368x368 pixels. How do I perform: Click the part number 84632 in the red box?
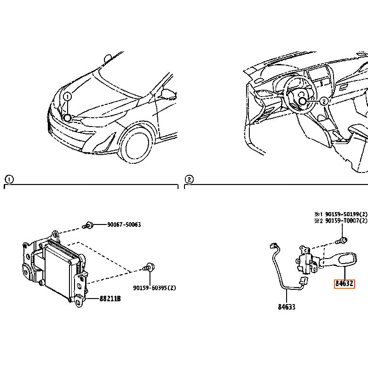[x=345, y=284]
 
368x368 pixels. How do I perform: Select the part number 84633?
[x=287, y=307]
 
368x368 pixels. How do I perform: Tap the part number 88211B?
[x=110, y=299]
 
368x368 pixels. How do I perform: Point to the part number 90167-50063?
[x=124, y=224]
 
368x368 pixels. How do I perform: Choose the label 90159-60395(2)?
[x=154, y=288]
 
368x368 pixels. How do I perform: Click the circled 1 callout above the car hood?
[x=67, y=97]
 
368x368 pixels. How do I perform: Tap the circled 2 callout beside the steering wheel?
[x=324, y=101]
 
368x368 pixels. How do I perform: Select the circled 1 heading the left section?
[x=9, y=180]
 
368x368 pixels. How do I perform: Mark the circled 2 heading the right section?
[x=189, y=179]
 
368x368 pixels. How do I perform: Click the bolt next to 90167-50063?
[x=88, y=225]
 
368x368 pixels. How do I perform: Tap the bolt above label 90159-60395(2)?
[x=149, y=267]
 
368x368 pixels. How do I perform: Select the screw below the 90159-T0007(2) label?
[x=341, y=240]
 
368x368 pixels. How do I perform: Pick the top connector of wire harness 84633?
[x=274, y=246]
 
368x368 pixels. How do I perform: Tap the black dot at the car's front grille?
[x=67, y=118]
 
